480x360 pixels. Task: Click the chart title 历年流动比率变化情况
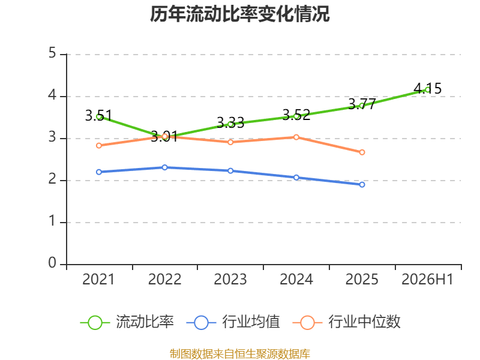tap(239, 14)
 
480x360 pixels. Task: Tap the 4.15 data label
tap(428, 88)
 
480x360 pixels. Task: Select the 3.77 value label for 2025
tap(362, 104)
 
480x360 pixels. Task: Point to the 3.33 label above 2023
tap(230, 123)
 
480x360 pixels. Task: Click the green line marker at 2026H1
tap(428, 89)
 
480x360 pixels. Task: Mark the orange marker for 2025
tap(362, 152)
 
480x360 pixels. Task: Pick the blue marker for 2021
tap(99, 172)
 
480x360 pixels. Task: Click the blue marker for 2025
tap(362, 185)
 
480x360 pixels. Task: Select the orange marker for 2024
tap(296, 137)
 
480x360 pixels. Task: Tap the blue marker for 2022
tap(164, 167)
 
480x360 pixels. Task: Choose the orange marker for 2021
tap(99, 145)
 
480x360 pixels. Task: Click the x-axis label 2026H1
tap(427, 279)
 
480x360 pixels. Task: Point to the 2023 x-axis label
tap(230, 279)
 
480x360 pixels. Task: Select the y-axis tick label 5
tap(52, 53)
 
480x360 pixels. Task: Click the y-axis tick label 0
tap(52, 263)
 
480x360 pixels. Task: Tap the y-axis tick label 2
tap(52, 179)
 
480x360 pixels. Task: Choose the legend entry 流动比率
tap(127, 322)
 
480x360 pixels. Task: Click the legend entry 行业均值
tap(233, 322)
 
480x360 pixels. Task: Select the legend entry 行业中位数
tap(346, 322)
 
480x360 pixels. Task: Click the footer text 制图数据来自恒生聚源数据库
tap(240, 354)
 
